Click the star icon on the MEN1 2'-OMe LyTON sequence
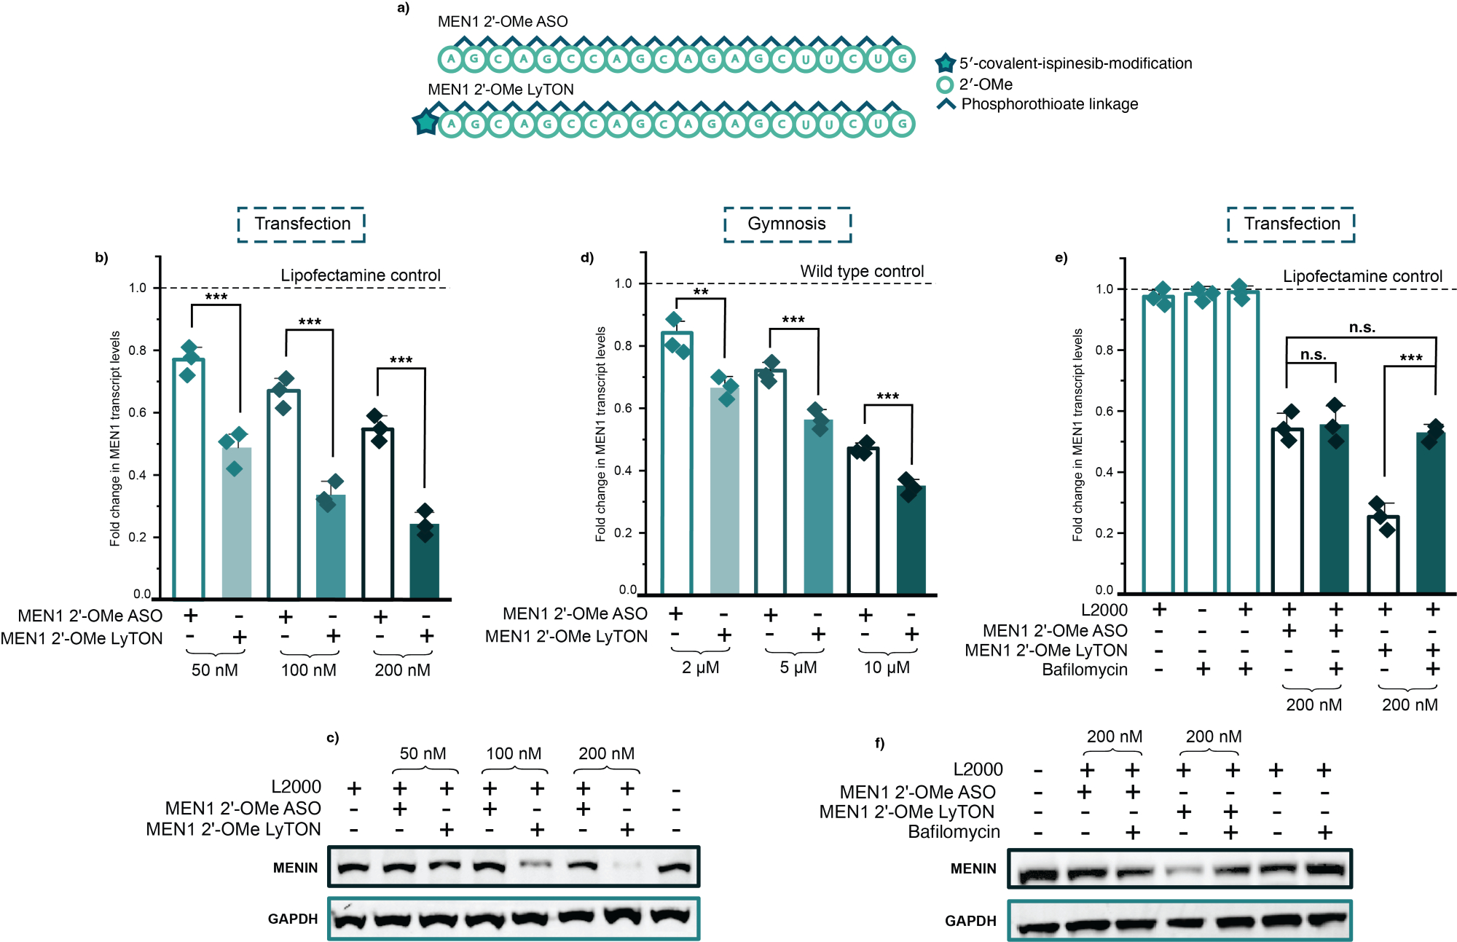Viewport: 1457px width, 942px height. (425, 122)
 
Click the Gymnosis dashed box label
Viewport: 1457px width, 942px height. (787, 224)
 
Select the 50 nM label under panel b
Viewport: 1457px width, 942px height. (214, 670)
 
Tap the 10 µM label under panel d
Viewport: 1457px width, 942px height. (887, 667)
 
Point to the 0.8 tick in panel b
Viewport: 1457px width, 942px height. (137, 350)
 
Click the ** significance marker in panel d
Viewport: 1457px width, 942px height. (701, 292)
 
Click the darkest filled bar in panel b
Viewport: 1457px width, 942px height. (425, 561)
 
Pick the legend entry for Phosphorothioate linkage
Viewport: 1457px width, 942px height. (1049, 104)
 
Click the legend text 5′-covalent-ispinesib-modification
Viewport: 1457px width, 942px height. (1075, 63)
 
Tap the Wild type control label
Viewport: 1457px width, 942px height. (862, 272)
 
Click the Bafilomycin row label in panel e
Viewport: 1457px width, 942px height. (1085, 670)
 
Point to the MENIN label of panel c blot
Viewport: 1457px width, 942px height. (295, 868)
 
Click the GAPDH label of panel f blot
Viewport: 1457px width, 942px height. (970, 921)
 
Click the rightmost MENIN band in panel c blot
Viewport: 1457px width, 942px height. (674, 867)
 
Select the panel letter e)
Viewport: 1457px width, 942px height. (1061, 257)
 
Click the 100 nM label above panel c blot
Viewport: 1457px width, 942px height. (514, 753)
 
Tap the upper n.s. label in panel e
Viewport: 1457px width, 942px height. (1362, 328)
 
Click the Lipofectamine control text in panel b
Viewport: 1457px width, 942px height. (361, 275)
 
